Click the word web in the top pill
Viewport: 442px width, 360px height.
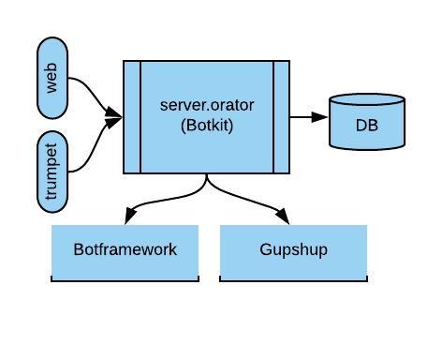pyautogui.click(x=53, y=78)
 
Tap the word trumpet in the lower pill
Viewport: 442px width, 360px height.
pyautogui.click(x=52, y=172)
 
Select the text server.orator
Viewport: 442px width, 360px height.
pyautogui.click(x=207, y=104)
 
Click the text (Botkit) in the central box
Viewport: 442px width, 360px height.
pyautogui.click(x=207, y=124)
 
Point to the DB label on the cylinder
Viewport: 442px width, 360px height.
pyautogui.click(x=367, y=125)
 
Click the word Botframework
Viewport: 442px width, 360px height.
pyautogui.click(x=125, y=250)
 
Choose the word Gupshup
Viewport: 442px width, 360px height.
pyautogui.click(x=292, y=250)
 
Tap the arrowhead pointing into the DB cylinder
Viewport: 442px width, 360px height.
pyautogui.click(x=320, y=117)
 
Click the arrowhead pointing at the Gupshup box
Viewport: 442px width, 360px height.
pyautogui.click(x=285, y=217)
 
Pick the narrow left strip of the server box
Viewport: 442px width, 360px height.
pyautogui.click(x=132, y=117)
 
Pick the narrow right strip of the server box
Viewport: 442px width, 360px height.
pyautogui.click(x=282, y=117)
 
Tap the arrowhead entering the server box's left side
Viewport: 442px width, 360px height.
pyautogui.click(x=115, y=117)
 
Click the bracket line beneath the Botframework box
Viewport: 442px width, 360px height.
pyautogui.click(x=125, y=279)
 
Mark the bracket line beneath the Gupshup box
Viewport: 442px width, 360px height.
pyautogui.click(x=293, y=279)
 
